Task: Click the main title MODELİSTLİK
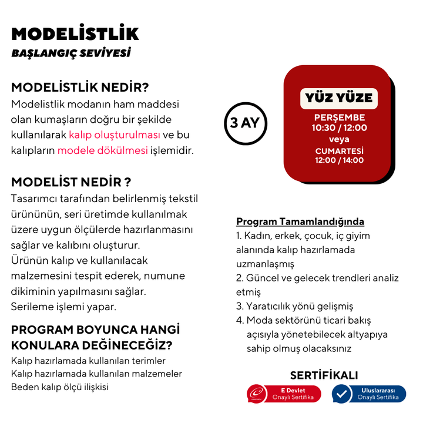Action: pyautogui.click(x=75, y=33)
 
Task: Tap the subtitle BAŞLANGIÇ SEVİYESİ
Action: pyautogui.click(x=70, y=53)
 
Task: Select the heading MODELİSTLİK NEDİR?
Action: pyautogui.click(x=80, y=88)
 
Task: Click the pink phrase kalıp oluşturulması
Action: pyautogui.click(x=114, y=135)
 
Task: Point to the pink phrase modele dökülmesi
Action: pyautogui.click(x=102, y=150)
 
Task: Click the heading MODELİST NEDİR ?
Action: pyautogui.click(x=71, y=182)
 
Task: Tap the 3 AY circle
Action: pyautogui.click(x=246, y=123)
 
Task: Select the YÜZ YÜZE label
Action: pyautogui.click(x=339, y=98)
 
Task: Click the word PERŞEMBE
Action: pyautogui.click(x=339, y=117)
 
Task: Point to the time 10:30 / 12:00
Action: pyautogui.click(x=339, y=127)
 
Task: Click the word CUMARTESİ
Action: pyautogui.click(x=339, y=150)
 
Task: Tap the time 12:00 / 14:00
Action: pyautogui.click(x=339, y=160)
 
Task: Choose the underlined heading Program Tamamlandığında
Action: pyautogui.click(x=300, y=221)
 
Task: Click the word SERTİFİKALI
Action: pyautogui.click(x=324, y=375)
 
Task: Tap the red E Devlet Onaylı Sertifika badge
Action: pyautogui.click(x=284, y=394)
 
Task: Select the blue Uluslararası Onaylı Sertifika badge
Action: pyautogui.click(x=368, y=394)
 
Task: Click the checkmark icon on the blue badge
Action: pyautogui.click(x=343, y=394)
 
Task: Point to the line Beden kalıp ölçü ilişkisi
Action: pyautogui.click(x=60, y=387)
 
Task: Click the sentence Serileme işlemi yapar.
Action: pyautogui.click(x=63, y=306)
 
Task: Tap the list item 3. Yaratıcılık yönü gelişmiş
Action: pyautogui.click(x=294, y=306)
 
